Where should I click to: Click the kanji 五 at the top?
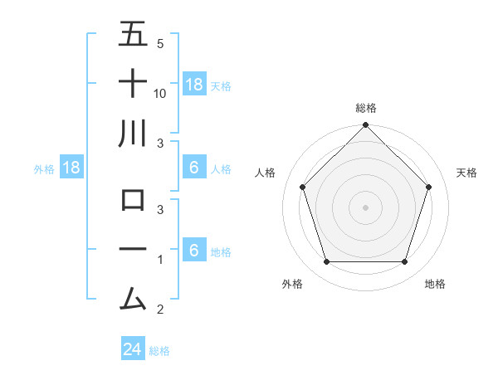133,35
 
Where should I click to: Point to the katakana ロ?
133,200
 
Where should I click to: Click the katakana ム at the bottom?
133,298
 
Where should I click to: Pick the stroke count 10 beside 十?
160,94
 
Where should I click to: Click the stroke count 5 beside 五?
159,44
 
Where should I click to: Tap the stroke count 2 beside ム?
159,310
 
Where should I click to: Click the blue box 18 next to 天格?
193,84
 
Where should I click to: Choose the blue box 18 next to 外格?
71,168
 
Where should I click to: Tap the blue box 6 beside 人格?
193,168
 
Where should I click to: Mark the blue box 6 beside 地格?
193,251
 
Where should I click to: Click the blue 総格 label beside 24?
159,351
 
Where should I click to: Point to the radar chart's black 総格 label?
365,108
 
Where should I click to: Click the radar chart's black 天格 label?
466,173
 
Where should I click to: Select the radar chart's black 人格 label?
266,173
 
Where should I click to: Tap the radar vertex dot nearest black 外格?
326,262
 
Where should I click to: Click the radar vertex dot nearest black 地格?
405,262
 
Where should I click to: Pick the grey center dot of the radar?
365,207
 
